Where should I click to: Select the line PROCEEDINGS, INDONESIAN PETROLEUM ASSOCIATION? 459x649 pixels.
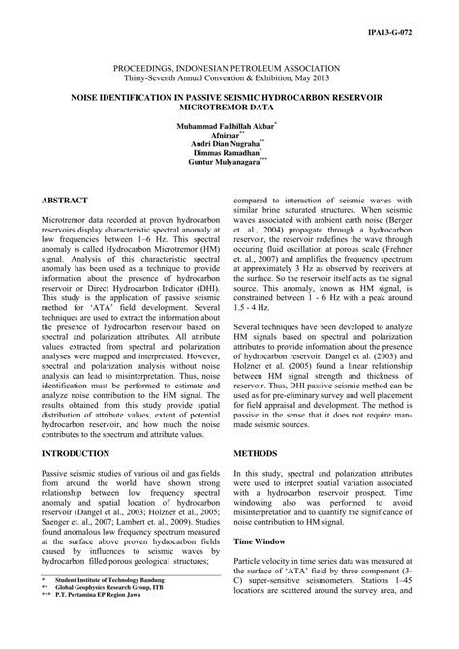[x=229, y=58]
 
